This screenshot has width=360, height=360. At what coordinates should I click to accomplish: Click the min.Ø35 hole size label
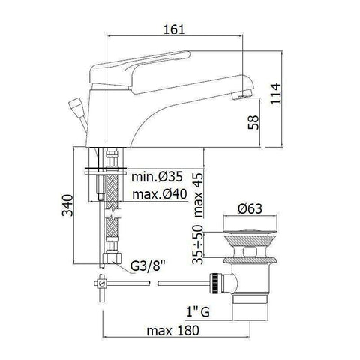(x=158, y=177)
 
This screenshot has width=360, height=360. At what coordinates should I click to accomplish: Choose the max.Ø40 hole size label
(x=160, y=196)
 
